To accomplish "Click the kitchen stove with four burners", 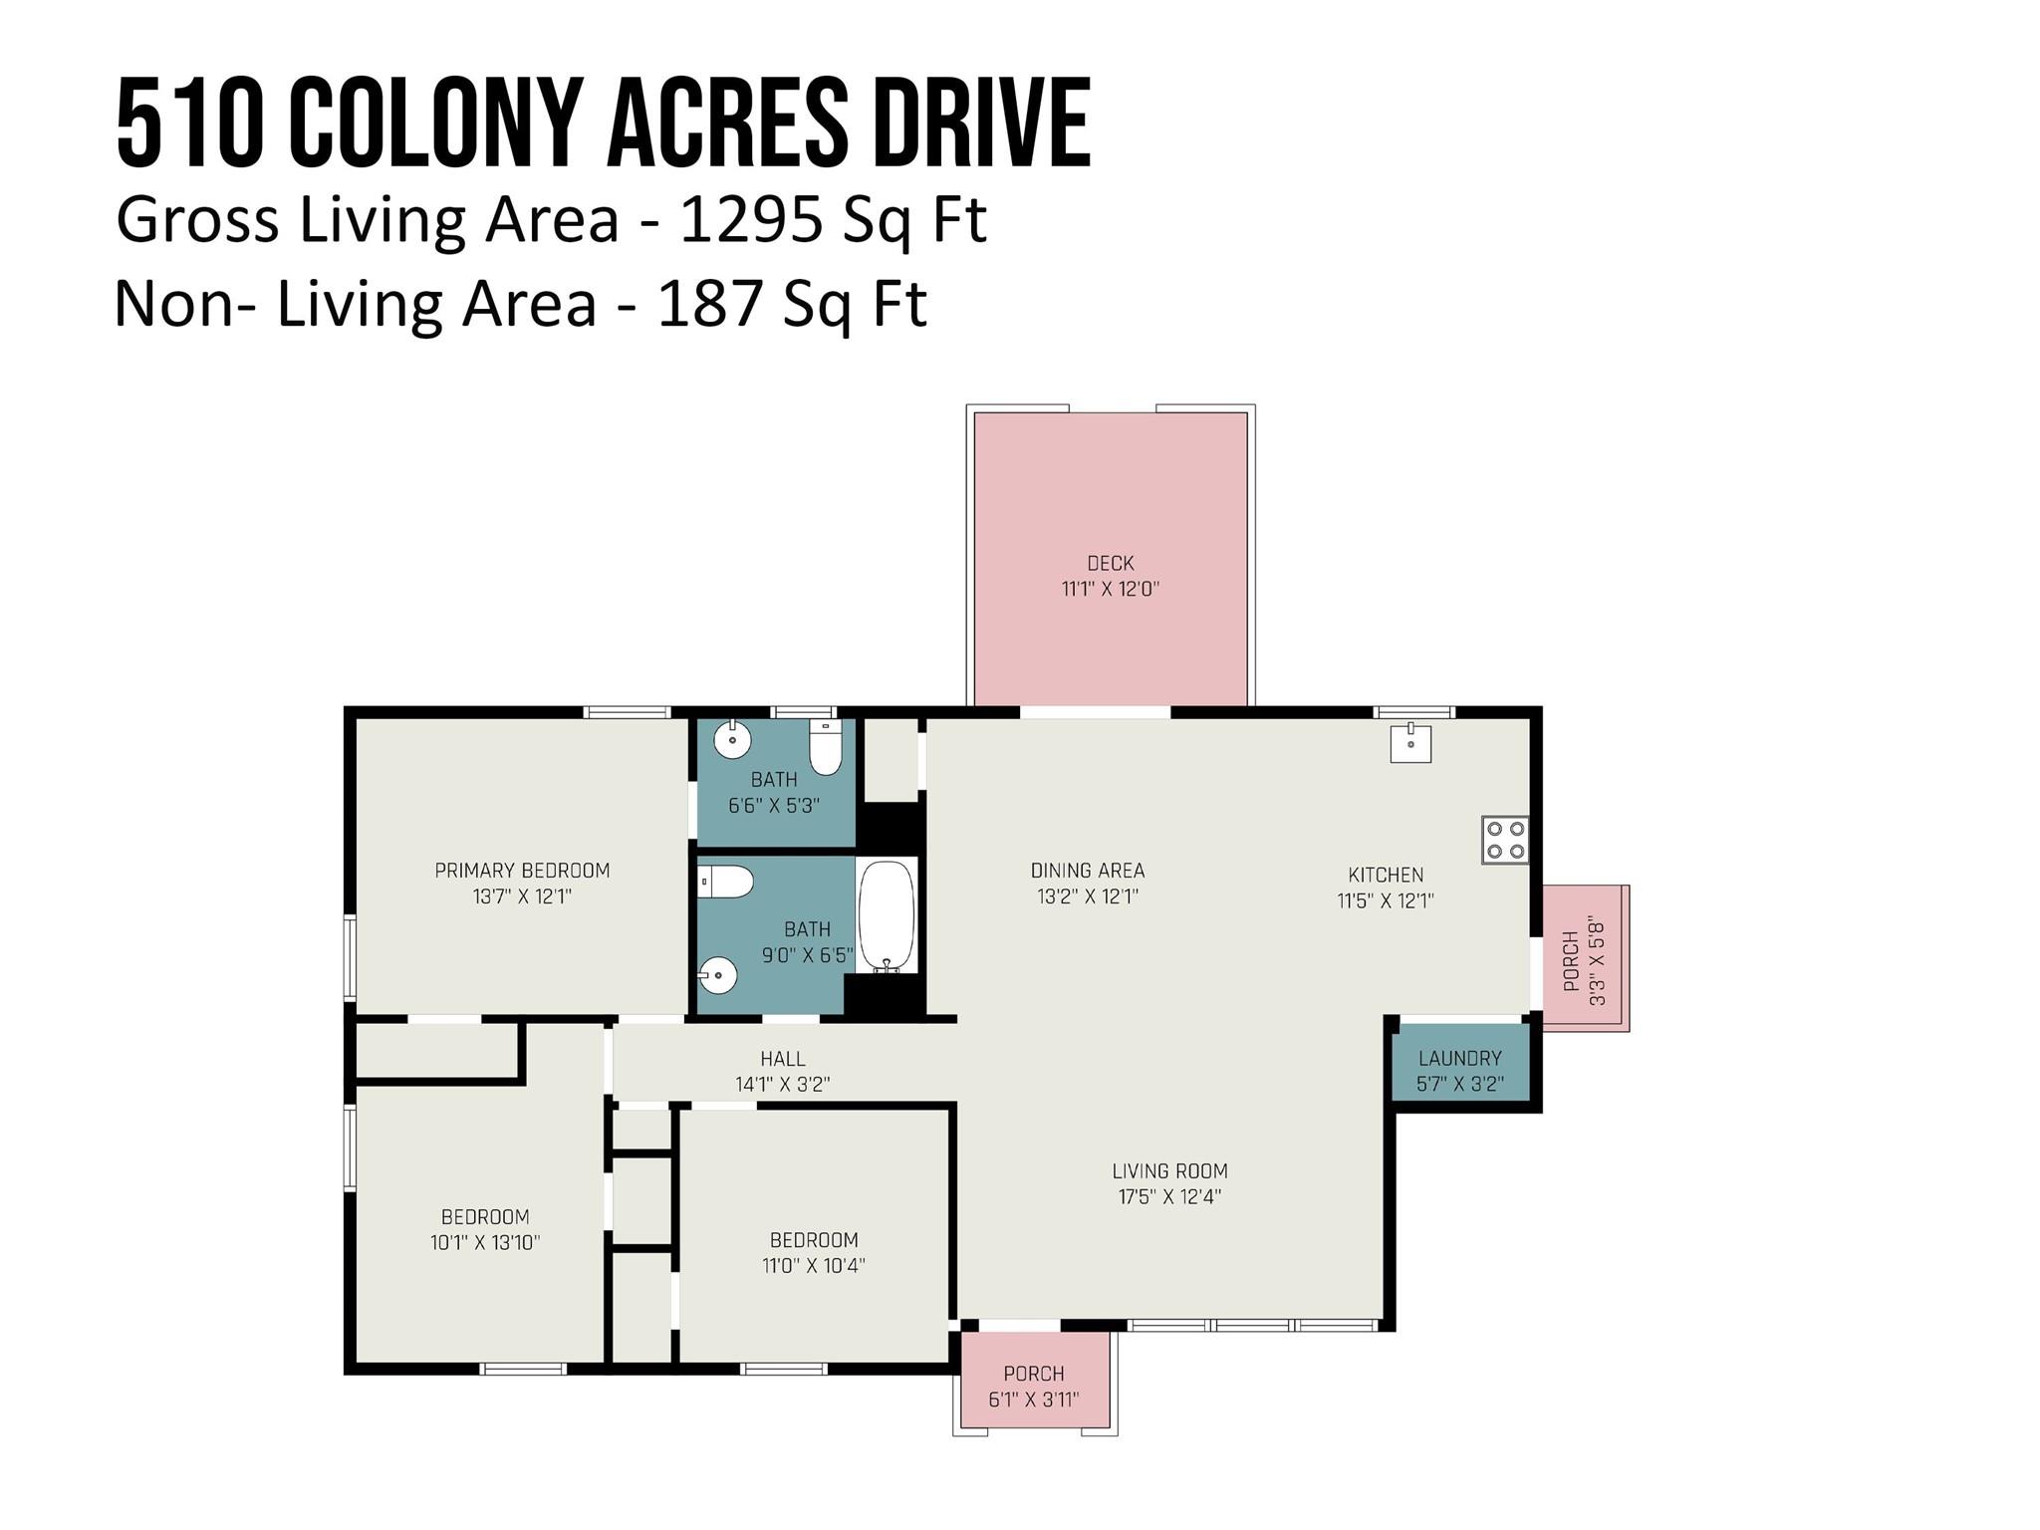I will pyautogui.click(x=1504, y=839).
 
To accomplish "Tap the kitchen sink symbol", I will pyautogui.click(x=1410, y=743).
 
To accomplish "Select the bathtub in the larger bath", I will pyautogui.click(x=887, y=915).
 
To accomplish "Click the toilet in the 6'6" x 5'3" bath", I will pyautogui.click(x=826, y=747).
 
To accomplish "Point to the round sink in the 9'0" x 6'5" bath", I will pyautogui.click(x=717, y=975).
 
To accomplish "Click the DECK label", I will pyautogui.click(x=1111, y=563).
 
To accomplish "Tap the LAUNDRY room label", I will pyautogui.click(x=1459, y=1058).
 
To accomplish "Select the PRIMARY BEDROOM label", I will pyautogui.click(x=522, y=871).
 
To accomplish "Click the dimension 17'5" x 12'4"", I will pyautogui.click(x=1169, y=1196).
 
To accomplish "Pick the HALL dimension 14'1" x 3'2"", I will pyautogui.click(x=783, y=1084).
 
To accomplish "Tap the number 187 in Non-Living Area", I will pyautogui.click(x=709, y=304).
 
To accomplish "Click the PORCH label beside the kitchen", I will pyautogui.click(x=1571, y=961).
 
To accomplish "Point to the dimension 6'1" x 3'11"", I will pyautogui.click(x=1033, y=1400).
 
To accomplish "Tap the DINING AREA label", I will pyautogui.click(x=1088, y=871).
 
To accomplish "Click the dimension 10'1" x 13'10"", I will pyautogui.click(x=485, y=1242).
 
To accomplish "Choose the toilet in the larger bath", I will pyautogui.click(x=725, y=882).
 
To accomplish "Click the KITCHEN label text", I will pyautogui.click(x=1386, y=875).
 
